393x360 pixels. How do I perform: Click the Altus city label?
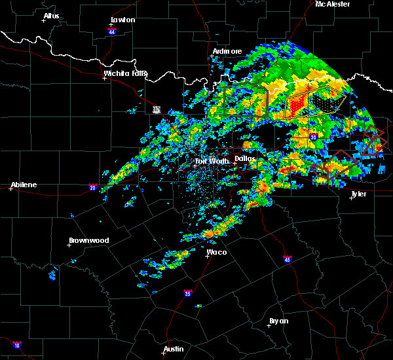51,16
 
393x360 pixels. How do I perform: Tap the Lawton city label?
122,20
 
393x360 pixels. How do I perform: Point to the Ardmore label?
227,51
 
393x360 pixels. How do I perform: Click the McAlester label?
333,4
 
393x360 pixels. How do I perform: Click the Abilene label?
23,185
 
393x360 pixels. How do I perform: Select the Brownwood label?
89,240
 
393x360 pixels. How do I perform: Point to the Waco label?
217,251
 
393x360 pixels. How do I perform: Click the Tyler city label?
358,194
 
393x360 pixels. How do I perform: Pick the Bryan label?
278,321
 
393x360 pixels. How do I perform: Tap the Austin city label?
174,349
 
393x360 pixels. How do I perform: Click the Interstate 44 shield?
111,31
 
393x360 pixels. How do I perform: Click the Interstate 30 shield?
313,137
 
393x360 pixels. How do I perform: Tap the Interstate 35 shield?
188,293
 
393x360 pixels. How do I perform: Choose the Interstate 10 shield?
17,344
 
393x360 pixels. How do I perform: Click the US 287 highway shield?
157,109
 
